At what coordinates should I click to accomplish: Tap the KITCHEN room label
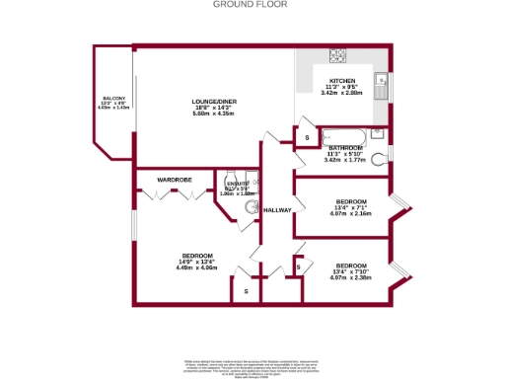pyautogui.click(x=342, y=81)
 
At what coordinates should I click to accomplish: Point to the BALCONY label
pyautogui.click(x=112, y=99)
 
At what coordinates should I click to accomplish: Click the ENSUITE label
pyautogui.click(x=237, y=184)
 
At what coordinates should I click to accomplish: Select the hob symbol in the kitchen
pyautogui.click(x=336, y=55)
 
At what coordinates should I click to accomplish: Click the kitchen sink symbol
pyautogui.click(x=380, y=81)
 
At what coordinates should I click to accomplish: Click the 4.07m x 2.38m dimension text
pyautogui.click(x=351, y=277)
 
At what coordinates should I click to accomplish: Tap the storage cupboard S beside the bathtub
pyautogui.click(x=307, y=136)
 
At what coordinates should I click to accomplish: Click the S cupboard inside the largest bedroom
pyautogui.click(x=246, y=290)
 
